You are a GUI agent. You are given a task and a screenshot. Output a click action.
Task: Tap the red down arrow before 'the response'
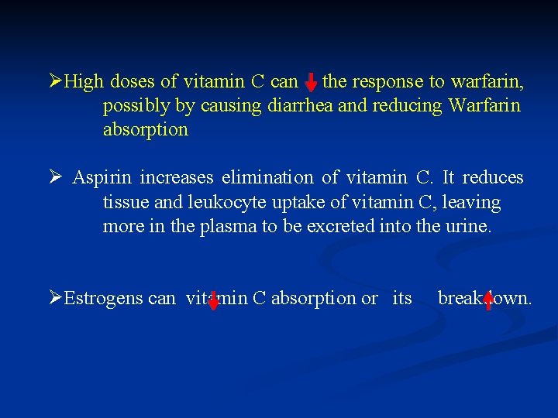(310, 81)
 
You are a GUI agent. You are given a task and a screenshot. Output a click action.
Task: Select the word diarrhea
(301, 105)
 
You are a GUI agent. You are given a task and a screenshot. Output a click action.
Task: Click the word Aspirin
(103, 178)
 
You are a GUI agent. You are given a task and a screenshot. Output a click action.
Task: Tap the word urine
(468, 227)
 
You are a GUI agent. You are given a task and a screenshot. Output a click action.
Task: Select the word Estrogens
(120, 298)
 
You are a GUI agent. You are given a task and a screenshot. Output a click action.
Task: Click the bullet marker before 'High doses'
(55, 81)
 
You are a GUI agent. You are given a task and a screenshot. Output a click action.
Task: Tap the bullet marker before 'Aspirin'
(55, 177)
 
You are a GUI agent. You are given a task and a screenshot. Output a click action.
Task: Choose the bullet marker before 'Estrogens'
(55, 297)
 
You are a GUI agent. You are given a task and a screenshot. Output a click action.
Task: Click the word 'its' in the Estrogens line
(402, 298)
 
